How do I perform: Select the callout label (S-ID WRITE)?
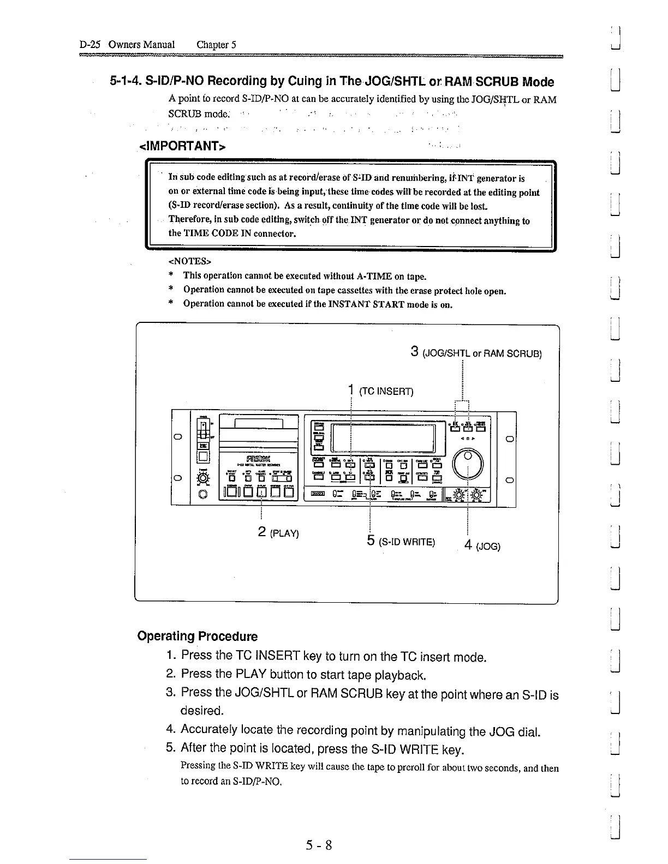click(x=408, y=542)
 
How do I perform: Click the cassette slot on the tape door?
click(x=258, y=424)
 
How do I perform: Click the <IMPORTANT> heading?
click(x=182, y=147)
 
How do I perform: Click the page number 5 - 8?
click(x=319, y=845)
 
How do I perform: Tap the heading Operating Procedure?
click(x=198, y=637)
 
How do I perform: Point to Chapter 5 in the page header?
click(x=216, y=45)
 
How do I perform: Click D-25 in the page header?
click(x=90, y=45)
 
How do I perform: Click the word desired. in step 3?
click(x=202, y=711)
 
